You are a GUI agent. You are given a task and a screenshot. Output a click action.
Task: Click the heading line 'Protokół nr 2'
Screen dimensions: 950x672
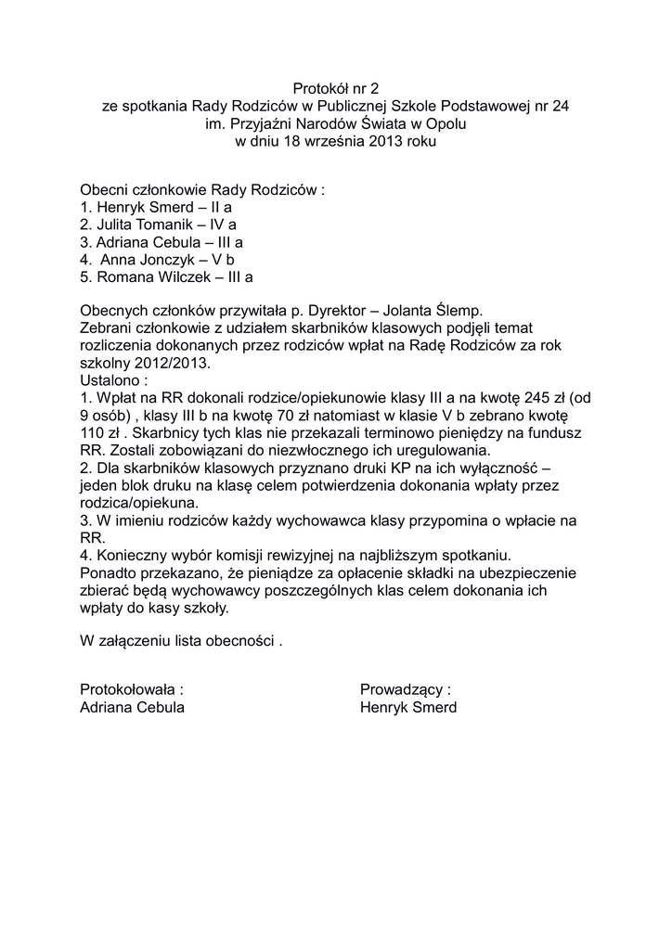coord(336,89)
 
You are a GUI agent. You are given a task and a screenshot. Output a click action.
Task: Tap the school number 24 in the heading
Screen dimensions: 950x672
coord(561,107)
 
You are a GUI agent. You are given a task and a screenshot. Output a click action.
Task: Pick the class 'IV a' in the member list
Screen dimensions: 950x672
coord(223,225)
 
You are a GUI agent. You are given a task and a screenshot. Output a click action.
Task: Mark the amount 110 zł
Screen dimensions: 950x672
coord(104,433)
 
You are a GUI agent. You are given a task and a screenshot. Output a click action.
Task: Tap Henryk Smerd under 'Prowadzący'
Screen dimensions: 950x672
coord(408,707)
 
